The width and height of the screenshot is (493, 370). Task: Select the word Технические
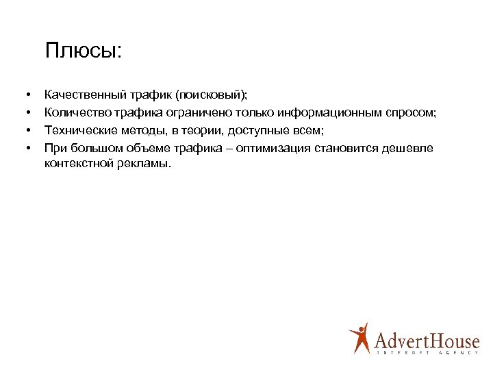[x=75, y=130]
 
